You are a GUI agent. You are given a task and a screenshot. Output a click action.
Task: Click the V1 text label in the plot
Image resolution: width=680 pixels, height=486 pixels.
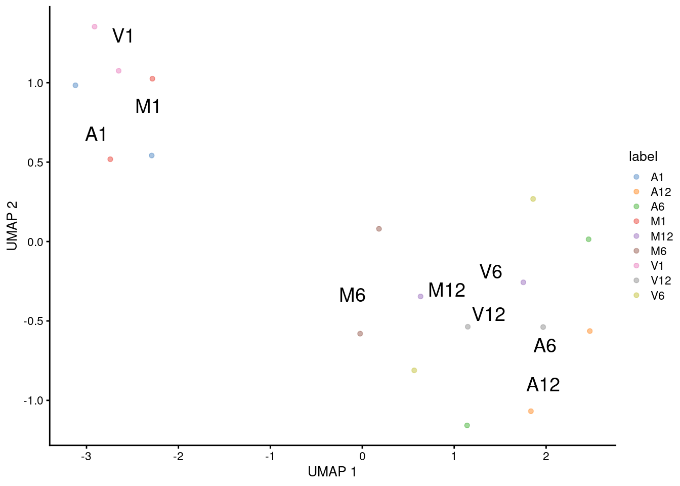(123, 36)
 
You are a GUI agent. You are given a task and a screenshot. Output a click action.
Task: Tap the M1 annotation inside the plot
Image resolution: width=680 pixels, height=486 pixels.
(148, 107)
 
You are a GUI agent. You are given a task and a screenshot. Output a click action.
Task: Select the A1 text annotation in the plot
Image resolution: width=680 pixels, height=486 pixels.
(96, 135)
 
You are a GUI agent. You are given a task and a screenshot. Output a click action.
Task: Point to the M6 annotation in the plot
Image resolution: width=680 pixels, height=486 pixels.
(352, 296)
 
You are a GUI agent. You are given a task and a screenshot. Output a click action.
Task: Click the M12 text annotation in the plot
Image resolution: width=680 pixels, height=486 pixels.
(446, 291)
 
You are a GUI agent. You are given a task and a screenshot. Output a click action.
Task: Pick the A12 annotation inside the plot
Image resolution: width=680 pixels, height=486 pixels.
(543, 385)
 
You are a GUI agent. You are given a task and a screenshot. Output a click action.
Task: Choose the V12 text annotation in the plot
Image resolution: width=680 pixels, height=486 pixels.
(488, 315)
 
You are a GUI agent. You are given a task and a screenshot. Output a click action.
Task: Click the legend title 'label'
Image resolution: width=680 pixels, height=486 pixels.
(643, 156)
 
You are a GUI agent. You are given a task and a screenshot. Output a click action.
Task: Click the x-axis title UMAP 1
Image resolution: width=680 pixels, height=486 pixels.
(332, 472)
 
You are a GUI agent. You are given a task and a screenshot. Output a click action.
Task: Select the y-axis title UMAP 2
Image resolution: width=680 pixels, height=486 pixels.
(12, 226)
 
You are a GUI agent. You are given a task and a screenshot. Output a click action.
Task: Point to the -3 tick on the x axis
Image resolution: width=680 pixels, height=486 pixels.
(87, 456)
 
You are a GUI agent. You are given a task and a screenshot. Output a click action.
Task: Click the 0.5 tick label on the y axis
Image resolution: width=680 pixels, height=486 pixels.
(36, 163)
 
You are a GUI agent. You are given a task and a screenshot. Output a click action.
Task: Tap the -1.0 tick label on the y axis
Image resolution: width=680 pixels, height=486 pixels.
(34, 400)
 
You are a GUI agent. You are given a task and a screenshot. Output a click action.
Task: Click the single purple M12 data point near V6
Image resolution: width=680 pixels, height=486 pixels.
(523, 282)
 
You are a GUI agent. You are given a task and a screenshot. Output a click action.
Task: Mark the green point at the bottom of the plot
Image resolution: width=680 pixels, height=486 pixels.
(467, 425)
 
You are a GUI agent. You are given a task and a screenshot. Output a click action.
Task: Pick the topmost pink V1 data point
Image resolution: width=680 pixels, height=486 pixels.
(95, 27)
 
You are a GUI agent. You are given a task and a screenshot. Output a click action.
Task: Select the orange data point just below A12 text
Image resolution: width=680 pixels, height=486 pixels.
(531, 411)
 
